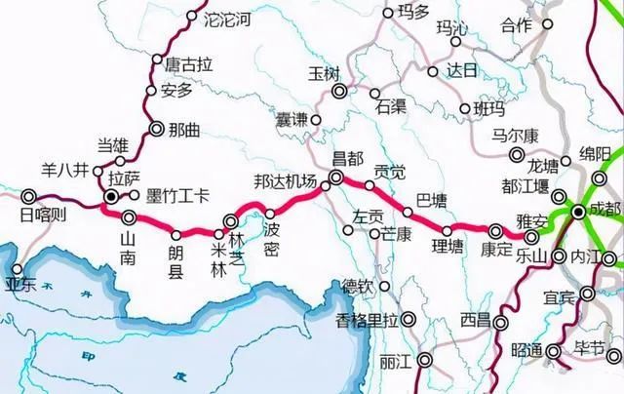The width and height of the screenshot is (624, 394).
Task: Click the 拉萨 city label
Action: click(x=123, y=178)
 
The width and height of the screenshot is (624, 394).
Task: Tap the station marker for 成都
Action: click(x=578, y=212)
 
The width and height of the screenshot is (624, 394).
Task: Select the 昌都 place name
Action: click(x=348, y=158)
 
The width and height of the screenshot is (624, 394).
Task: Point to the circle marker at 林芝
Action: click(x=231, y=221)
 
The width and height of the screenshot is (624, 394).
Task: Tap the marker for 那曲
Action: click(x=157, y=127)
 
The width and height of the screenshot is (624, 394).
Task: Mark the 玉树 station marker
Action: click(x=339, y=92)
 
